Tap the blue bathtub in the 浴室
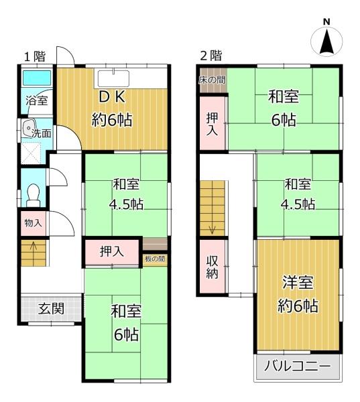(x=37, y=78)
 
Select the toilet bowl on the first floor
(x=33, y=195)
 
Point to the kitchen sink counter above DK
(x=113, y=78)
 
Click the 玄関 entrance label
(x=51, y=308)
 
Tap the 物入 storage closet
(x=34, y=223)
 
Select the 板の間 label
(x=155, y=259)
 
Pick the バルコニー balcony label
(x=298, y=366)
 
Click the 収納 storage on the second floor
(x=213, y=267)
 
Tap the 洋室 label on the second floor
(x=298, y=282)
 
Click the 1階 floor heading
(x=35, y=56)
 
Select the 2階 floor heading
(x=211, y=56)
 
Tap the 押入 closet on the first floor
(x=112, y=252)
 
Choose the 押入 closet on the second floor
(x=213, y=124)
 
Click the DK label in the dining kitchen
(x=112, y=97)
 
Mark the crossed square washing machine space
(x=31, y=153)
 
